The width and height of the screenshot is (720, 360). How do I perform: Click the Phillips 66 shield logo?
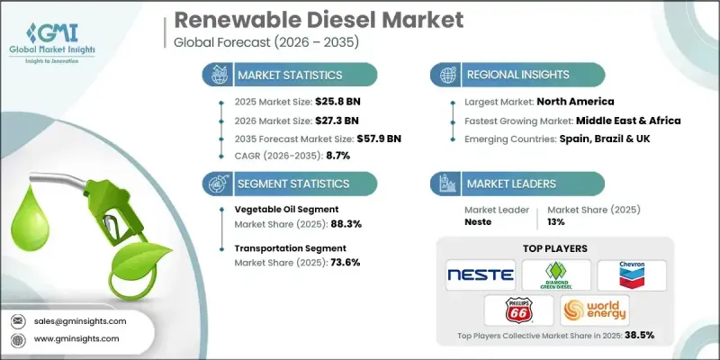(517, 311)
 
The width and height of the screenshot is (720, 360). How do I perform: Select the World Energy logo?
(595, 311)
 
